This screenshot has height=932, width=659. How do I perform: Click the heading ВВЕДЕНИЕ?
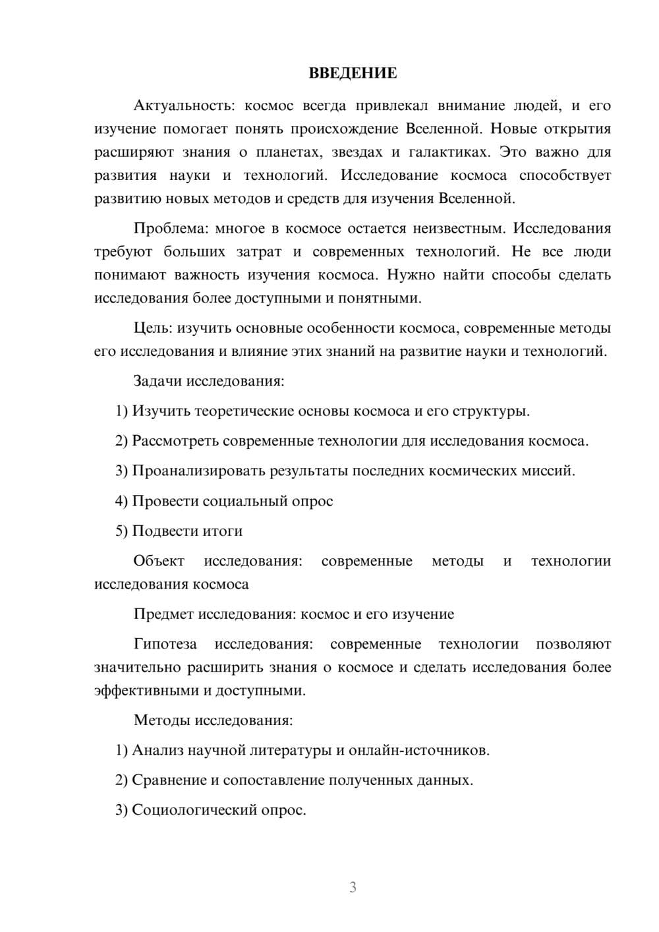[353, 73]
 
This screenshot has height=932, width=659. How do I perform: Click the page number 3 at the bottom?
[353, 887]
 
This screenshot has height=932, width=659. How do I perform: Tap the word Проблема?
[170, 228]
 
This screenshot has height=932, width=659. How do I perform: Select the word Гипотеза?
[165, 644]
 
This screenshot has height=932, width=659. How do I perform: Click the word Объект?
[159, 561]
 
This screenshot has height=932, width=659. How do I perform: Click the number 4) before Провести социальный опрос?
[121, 501]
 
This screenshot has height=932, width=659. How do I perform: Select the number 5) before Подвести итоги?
[121, 531]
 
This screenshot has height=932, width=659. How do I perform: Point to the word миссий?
[554, 471]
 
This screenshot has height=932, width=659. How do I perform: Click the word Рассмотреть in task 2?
[175, 441]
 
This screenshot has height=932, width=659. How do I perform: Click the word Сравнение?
[169, 780]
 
